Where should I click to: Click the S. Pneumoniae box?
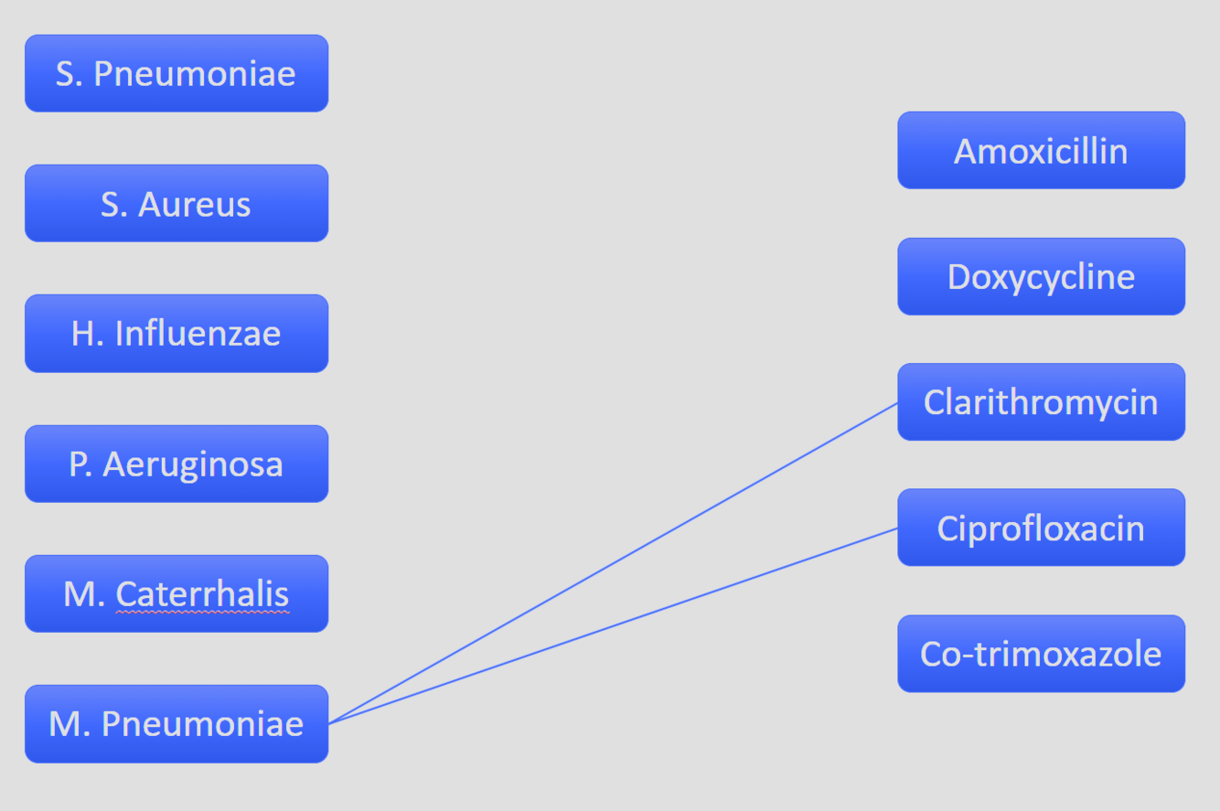click(x=176, y=73)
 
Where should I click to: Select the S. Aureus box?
click(x=176, y=203)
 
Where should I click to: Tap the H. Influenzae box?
click(x=176, y=334)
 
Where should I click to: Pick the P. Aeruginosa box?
click(x=176, y=464)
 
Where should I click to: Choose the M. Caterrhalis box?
click(x=176, y=593)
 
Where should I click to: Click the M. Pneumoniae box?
click(x=176, y=723)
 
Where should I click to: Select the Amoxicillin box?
click(x=1041, y=151)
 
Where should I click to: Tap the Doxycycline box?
click(x=1041, y=276)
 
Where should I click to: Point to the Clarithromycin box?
click(x=1041, y=402)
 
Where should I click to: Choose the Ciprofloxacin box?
click(x=1041, y=528)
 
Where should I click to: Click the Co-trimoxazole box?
click(x=1041, y=654)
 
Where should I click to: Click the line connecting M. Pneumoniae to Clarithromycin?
click(x=613, y=563)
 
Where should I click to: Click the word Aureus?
click(x=194, y=205)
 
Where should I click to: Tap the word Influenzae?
click(x=198, y=334)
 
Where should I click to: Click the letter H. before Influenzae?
click(x=86, y=334)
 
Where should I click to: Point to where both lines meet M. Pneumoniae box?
click(x=328, y=723)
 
